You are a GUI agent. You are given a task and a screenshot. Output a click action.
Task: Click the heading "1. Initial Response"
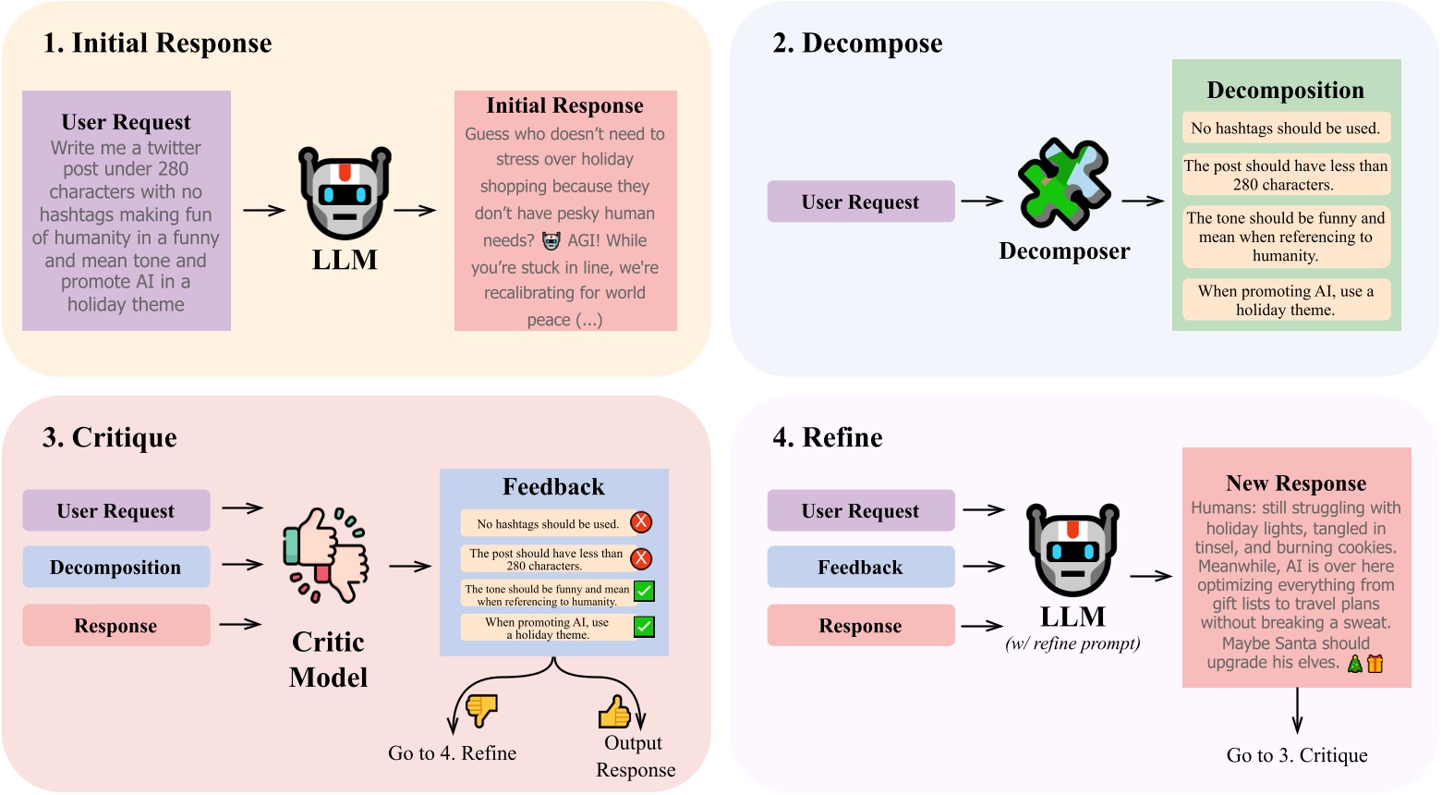coord(157,43)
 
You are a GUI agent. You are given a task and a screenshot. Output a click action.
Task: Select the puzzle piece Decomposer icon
coord(1063,184)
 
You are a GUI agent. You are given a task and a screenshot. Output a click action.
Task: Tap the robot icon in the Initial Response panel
coord(345,192)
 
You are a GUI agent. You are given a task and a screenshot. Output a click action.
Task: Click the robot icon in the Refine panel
coord(1072,549)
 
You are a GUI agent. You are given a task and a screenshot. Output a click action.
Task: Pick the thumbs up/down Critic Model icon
coord(325,555)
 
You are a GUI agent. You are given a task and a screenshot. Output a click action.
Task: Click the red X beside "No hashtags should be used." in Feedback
coord(641,522)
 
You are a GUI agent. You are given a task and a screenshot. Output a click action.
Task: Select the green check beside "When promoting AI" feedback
coord(644,627)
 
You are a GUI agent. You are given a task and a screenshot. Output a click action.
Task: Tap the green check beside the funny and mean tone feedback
coord(644,592)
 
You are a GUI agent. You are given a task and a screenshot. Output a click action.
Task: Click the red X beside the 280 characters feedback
coord(641,558)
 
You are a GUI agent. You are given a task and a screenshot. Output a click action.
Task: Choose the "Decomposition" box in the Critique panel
coord(116,567)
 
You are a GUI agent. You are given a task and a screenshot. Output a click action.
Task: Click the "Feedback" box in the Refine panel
coord(860,567)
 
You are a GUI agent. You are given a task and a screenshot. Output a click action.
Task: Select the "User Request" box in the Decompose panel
coord(860,202)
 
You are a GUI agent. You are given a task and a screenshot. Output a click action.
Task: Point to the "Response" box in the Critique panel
coord(116,625)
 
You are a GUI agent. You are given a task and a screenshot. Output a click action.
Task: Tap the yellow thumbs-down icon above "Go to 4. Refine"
coord(481,710)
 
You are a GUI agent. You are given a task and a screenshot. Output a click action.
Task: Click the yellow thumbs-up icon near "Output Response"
coord(614,712)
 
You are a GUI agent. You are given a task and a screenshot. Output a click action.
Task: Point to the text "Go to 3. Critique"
coord(1296,755)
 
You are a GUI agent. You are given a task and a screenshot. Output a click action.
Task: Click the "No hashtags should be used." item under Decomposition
coord(1285,128)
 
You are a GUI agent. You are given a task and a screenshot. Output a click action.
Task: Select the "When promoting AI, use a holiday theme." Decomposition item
coord(1285,300)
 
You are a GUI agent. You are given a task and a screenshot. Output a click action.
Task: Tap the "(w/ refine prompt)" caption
coord(1072,644)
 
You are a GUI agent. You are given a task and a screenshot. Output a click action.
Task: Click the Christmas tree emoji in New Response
coord(1354,663)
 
